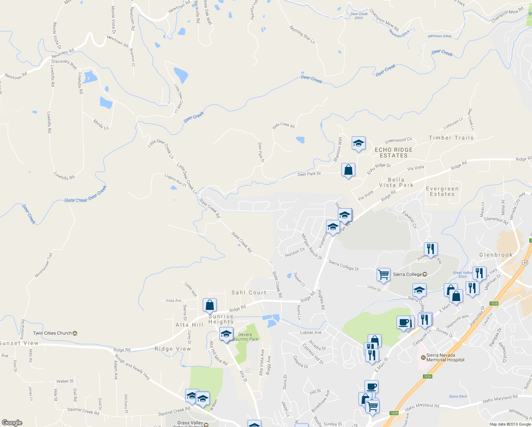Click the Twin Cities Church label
(52, 333)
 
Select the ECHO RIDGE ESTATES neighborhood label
(394, 153)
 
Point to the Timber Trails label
(451, 138)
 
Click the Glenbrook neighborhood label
(496, 255)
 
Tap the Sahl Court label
(249, 292)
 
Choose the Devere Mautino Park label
(245, 337)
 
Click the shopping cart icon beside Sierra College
(383, 274)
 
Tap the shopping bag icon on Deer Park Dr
(348, 170)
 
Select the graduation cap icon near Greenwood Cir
(358, 143)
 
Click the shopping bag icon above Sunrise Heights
(209, 305)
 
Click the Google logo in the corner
(12, 422)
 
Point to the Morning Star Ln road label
(302, 35)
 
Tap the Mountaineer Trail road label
(43, 265)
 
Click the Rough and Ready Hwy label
(132, 367)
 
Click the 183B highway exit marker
(494, 304)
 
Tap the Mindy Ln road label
(101, 124)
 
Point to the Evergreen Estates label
(442, 191)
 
